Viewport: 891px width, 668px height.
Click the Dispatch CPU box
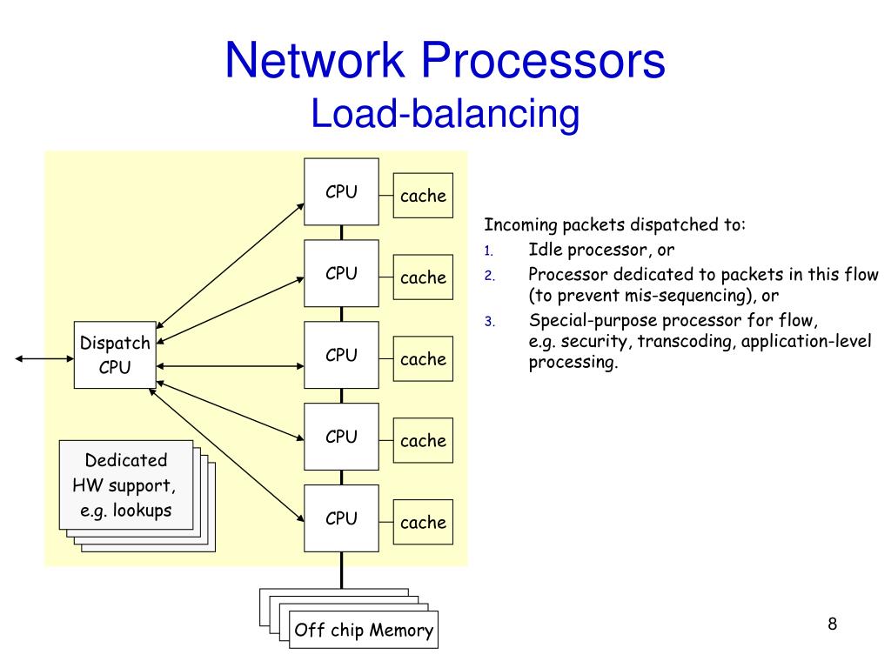pos(115,355)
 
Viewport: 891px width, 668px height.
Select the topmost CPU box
pos(341,191)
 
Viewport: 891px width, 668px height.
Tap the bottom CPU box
pos(341,518)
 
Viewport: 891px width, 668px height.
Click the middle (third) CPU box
pos(341,355)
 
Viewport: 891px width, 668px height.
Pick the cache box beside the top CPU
pos(424,196)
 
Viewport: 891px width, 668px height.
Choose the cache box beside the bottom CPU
pos(424,522)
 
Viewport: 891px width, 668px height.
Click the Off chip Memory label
pos(364,630)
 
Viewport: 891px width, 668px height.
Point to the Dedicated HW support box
pos(126,485)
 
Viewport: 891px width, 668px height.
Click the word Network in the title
pos(315,60)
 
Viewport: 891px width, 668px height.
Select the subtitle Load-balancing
pos(445,114)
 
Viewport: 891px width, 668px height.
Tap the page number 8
pos(833,624)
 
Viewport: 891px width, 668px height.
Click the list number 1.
pos(489,251)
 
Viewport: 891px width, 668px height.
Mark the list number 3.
pos(489,322)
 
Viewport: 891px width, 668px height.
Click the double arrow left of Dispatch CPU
pos(44,358)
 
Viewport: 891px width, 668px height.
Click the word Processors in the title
pos(543,60)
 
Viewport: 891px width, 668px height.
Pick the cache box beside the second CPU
pos(424,277)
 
